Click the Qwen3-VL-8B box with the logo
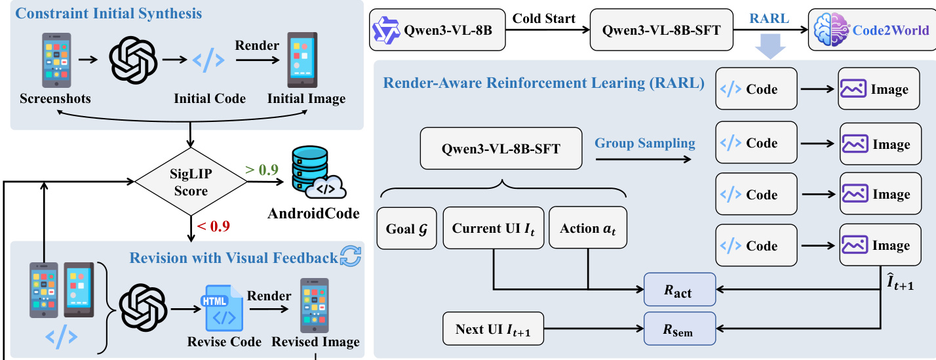(438, 30)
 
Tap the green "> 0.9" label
(262, 170)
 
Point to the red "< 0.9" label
(214, 227)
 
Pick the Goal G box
(407, 228)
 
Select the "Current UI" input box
(494, 228)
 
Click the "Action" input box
(587, 228)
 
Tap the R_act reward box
(679, 289)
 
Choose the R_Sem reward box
(679, 328)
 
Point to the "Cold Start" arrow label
(544, 18)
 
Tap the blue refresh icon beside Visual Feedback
(351, 257)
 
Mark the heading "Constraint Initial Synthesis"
(109, 12)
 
